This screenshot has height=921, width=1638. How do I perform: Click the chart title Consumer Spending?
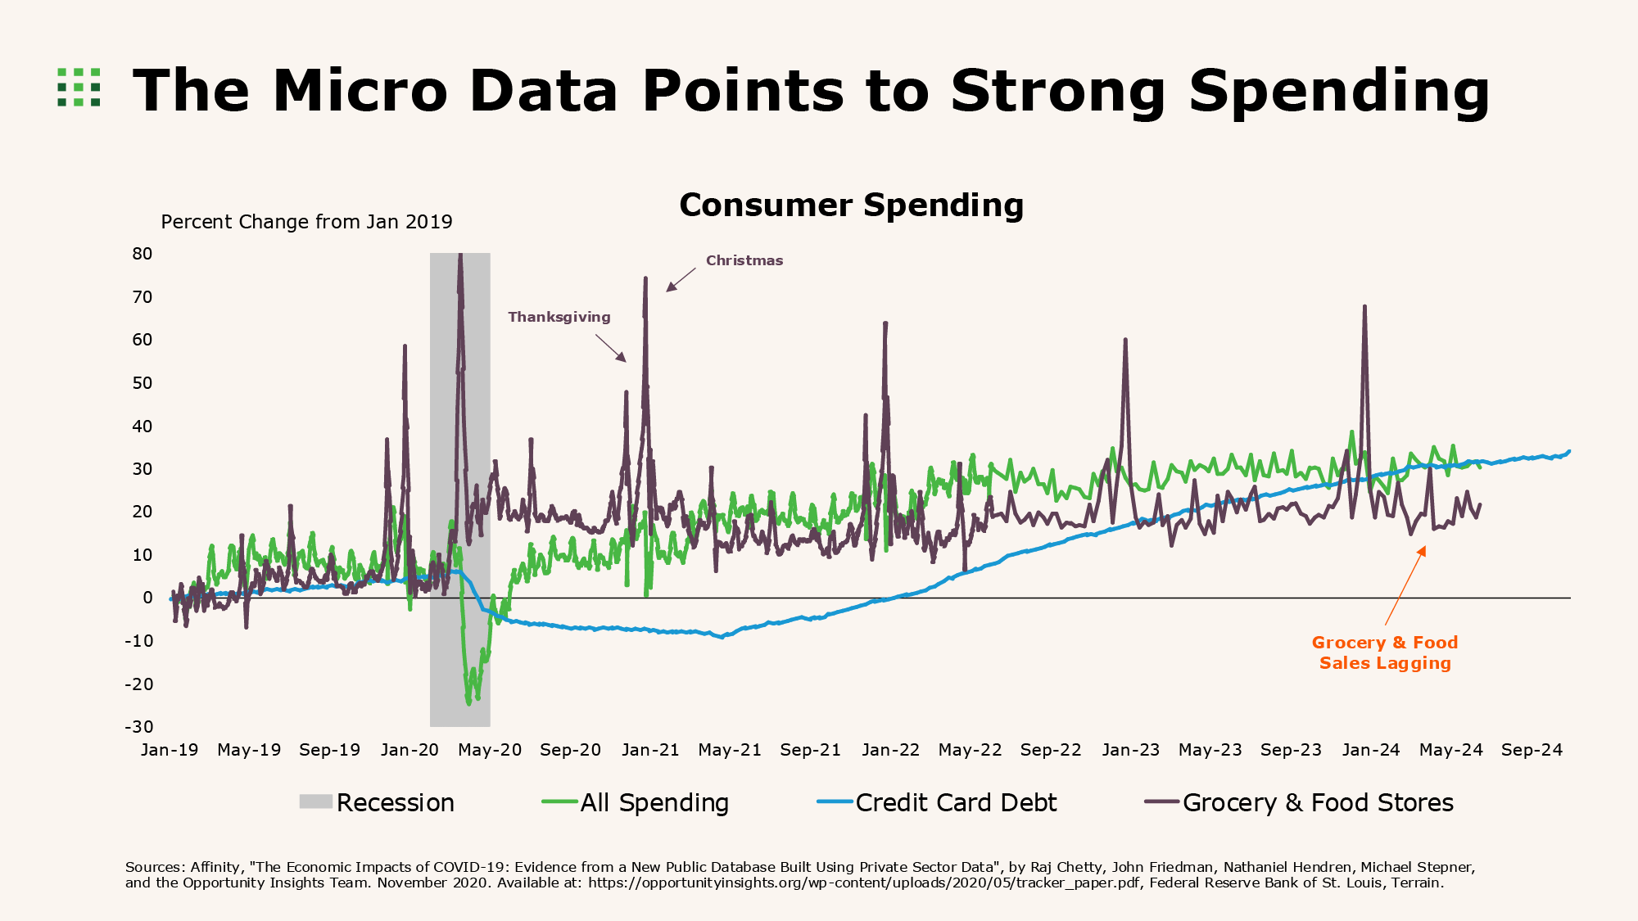point(851,205)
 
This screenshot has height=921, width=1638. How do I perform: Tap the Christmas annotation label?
point(744,260)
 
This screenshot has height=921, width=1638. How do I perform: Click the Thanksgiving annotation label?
point(559,317)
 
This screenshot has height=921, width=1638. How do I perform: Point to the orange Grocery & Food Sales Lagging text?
point(1385,652)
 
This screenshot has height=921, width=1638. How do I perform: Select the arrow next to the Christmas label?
point(681,279)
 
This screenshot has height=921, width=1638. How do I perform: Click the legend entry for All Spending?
point(654,803)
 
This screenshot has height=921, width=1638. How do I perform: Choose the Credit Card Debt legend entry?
point(955,803)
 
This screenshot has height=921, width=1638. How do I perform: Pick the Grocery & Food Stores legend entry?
point(1317,803)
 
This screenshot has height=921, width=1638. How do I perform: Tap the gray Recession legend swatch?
point(316,802)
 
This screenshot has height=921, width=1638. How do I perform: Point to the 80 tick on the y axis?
point(143,254)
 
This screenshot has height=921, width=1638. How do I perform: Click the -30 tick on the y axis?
point(139,727)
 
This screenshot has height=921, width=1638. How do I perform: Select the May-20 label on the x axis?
point(490,750)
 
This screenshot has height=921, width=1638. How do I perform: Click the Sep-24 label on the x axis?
point(1532,750)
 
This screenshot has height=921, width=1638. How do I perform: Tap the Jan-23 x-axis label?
point(1130,750)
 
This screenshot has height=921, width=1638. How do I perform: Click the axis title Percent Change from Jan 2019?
point(306,222)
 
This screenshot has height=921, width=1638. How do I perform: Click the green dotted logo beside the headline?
point(79,88)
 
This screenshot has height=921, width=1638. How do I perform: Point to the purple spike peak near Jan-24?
point(1364,308)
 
